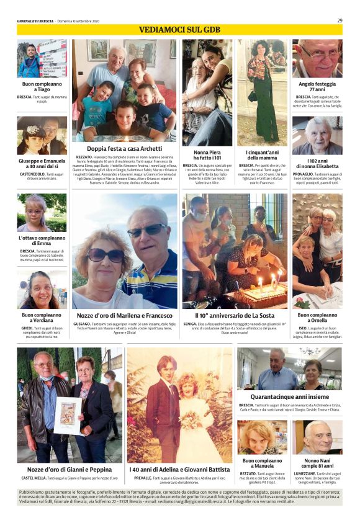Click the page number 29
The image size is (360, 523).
pos(340,20)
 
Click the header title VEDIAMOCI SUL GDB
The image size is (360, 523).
pos(179,30)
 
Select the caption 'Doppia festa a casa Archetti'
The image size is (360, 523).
pos(124,149)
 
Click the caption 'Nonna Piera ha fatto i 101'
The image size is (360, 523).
pos(207,154)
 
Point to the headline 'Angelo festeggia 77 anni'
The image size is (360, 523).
pos(317,86)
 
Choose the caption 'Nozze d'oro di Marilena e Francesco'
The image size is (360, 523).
pos(124,315)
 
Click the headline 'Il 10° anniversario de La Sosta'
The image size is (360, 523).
pos(235,315)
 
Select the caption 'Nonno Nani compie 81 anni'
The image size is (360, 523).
pos(317,463)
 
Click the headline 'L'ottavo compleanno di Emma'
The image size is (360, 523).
pos(42,241)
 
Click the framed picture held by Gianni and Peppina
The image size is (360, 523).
pos(68,415)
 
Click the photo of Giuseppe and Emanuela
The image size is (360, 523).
pos(42,135)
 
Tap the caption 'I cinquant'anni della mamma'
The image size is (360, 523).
pos(262,154)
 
